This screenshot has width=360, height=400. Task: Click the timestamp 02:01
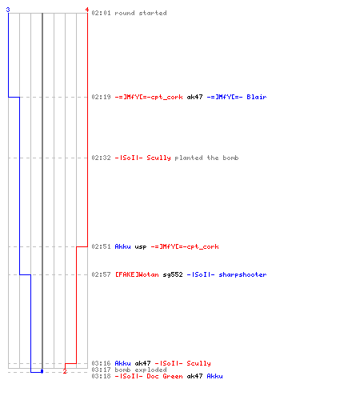tap(101, 13)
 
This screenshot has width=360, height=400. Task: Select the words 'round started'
tap(141, 13)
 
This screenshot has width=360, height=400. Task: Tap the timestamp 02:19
tap(101, 97)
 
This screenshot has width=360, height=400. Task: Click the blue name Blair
tap(257, 97)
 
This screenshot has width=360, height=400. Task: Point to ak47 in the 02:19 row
tap(194, 97)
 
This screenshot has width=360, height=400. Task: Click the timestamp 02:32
tap(101, 158)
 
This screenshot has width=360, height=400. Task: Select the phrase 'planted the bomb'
tap(206, 158)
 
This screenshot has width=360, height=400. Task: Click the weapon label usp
tap(141, 247)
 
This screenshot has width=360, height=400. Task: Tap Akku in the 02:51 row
tap(122, 246)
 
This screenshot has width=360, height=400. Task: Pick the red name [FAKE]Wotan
tap(137, 274)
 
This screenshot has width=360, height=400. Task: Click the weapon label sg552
tap(173, 274)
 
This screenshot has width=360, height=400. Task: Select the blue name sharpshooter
tap(242, 274)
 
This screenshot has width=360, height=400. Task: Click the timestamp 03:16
tap(101, 363)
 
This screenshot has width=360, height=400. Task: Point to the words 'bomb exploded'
tap(141, 370)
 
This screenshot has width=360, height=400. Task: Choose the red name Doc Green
tap(165, 376)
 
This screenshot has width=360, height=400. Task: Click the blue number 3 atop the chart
tap(8, 10)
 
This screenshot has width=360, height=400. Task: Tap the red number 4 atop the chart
tap(87, 10)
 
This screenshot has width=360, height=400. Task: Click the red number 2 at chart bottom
tap(65, 371)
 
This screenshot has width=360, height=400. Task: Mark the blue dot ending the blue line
tap(42, 371)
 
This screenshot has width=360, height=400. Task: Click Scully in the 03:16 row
tap(198, 363)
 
